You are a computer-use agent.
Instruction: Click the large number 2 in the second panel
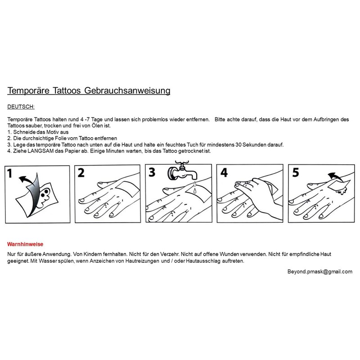click(x=81, y=173)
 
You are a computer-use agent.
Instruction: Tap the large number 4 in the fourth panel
click(x=224, y=173)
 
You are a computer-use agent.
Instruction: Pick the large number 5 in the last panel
click(x=295, y=173)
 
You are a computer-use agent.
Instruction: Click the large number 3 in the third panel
click(x=153, y=173)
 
